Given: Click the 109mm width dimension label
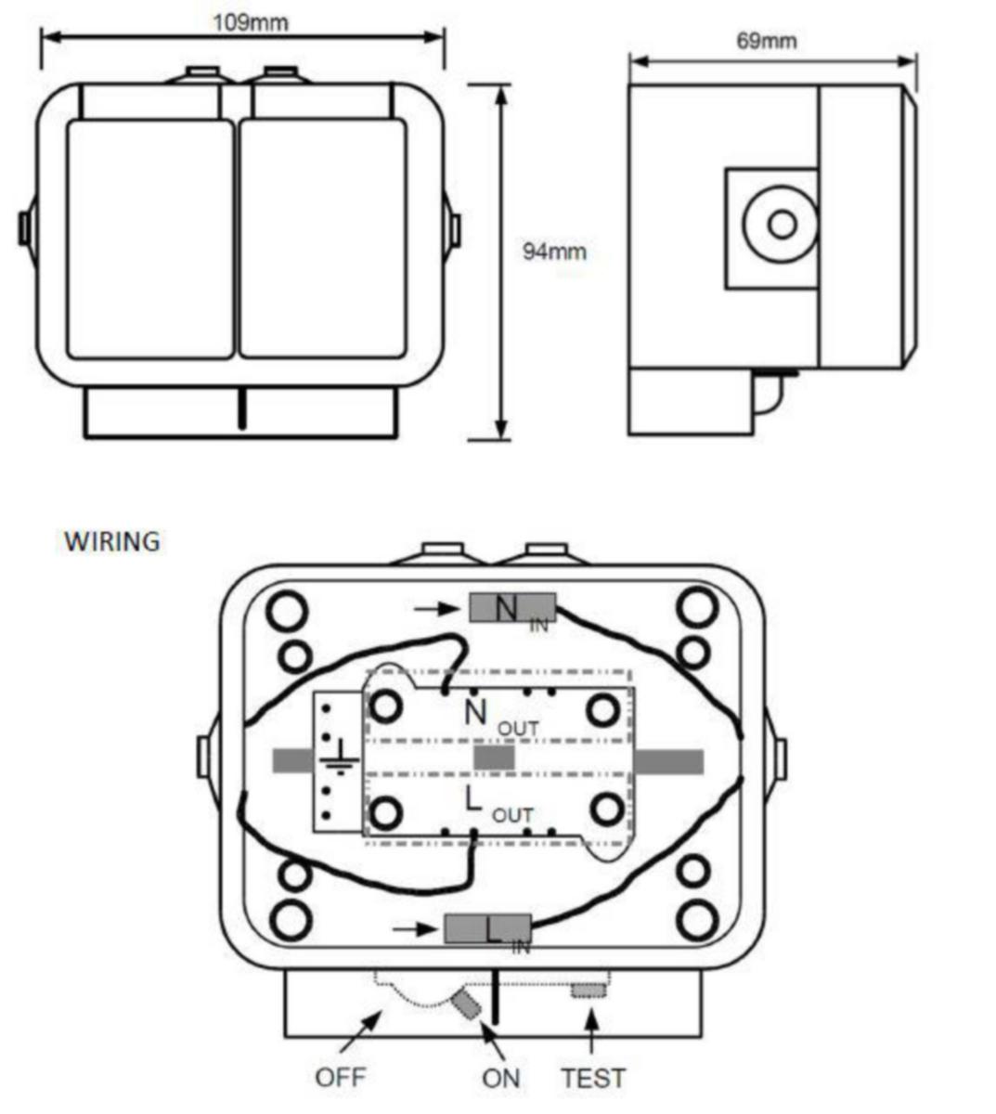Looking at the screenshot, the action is [251, 23].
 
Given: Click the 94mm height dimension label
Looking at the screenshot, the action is [554, 252].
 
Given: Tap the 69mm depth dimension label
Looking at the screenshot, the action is [767, 41].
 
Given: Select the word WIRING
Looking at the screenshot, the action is [112, 541].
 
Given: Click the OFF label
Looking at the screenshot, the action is [341, 1077].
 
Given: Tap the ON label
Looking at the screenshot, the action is [501, 1079].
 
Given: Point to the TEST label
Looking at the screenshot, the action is [593, 1079].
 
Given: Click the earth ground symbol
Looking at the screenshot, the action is [341, 758].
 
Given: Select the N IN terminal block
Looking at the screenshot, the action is [512, 608].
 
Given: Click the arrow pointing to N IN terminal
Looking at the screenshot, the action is [435, 609].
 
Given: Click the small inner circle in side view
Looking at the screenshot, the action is [783, 225].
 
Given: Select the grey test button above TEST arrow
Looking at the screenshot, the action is [589, 991].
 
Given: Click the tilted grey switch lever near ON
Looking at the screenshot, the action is [466, 1004].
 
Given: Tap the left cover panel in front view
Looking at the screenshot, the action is [150, 240].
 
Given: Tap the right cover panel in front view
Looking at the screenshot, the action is [323, 240].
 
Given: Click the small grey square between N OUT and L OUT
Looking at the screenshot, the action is [494, 758].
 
